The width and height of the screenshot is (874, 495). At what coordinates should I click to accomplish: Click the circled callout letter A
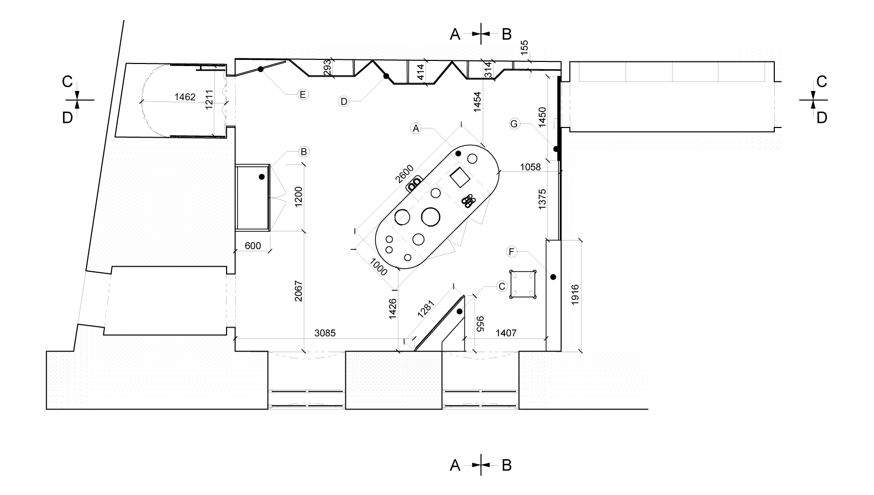pyautogui.click(x=416, y=128)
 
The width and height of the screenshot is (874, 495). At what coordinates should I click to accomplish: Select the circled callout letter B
pyautogui.click(x=304, y=152)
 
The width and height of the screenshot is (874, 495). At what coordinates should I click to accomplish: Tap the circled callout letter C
pyautogui.click(x=502, y=286)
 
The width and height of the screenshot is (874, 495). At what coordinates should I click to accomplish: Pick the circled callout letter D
pyautogui.click(x=344, y=101)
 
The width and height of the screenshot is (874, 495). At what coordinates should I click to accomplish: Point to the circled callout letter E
pyautogui.click(x=303, y=94)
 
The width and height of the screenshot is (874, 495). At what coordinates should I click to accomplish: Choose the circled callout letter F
pyautogui.click(x=511, y=251)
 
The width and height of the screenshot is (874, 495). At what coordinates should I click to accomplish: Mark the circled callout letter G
pyautogui.click(x=514, y=123)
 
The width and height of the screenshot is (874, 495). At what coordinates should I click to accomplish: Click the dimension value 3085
pyautogui.click(x=325, y=333)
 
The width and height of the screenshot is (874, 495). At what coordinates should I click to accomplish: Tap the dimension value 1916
pyautogui.click(x=575, y=295)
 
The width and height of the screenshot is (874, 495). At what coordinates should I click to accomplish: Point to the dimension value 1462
pyautogui.click(x=185, y=97)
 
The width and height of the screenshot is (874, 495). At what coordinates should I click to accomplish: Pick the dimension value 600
pyautogui.click(x=253, y=246)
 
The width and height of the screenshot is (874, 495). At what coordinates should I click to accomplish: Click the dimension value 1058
pyautogui.click(x=530, y=167)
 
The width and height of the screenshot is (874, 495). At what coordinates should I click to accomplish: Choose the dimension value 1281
pyautogui.click(x=425, y=309)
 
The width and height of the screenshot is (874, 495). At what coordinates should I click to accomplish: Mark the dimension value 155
pyautogui.click(x=524, y=48)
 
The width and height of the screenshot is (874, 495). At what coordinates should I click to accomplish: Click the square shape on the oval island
pyautogui.click(x=459, y=177)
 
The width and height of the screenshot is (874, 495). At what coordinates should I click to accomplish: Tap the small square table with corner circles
pyautogui.click(x=523, y=284)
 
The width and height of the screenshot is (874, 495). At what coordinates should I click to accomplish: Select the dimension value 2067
pyautogui.click(x=299, y=298)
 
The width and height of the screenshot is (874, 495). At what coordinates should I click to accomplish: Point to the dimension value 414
pyautogui.click(x=420, y=71)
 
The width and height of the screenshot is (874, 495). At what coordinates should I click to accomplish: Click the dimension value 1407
pyautogui.click(x=506, y=333)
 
